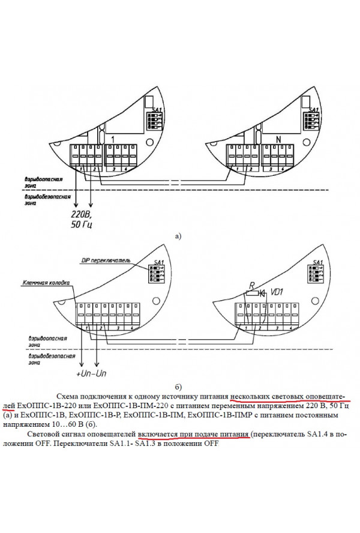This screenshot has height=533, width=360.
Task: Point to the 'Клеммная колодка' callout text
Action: tap(46, 282)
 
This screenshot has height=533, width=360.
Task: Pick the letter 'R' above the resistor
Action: tap(252, 285)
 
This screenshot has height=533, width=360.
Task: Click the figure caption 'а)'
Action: tap(178, 236)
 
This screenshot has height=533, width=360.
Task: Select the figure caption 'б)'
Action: tap(178, 386)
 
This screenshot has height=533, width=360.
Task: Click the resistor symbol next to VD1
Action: tap(253, 294)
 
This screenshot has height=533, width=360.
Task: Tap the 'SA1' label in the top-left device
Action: tap(158, 110)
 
